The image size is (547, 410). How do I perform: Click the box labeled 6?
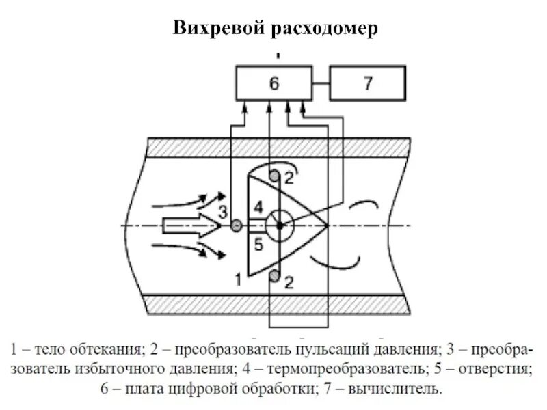pos(273,83)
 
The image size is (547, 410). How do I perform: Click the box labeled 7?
pos(368,83)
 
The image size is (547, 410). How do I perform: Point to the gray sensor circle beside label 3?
pos(237,225)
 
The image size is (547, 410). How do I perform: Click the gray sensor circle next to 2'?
pos(275,176)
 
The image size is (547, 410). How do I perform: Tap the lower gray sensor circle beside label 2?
pos(275,275)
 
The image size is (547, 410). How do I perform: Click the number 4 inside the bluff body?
pos(258,207)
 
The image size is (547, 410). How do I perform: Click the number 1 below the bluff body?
pos(237,279)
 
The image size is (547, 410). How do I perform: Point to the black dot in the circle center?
pos(278,225)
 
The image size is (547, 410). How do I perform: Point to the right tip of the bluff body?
pos(328,225)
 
